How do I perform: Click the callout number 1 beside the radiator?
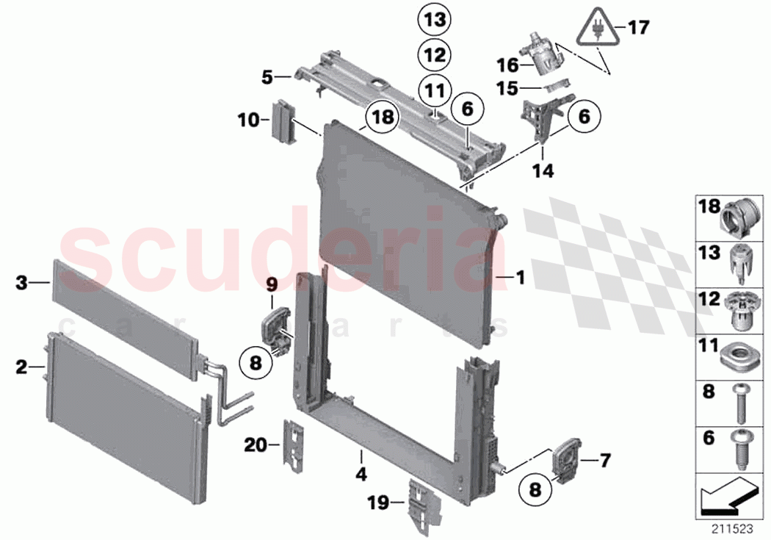(520, 278)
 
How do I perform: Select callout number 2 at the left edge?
(21, 364)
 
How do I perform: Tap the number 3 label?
(21, 281)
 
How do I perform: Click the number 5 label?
(267, 76)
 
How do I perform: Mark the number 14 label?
(543, 172)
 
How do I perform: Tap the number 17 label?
(639, 28)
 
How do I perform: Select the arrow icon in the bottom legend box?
(727, 499)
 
